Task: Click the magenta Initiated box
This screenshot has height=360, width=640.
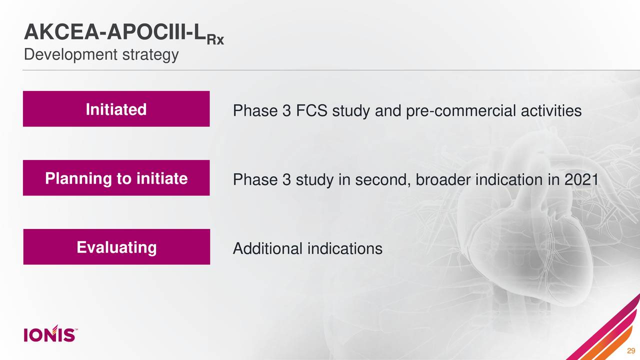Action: tap(116, 109)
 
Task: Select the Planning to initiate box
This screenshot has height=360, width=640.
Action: tap(116, 178)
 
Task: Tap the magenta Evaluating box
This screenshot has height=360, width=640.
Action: tap(116, 247)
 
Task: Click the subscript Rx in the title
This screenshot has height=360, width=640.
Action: tap(215, 40)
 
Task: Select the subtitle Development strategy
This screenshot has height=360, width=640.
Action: tap(101, 54)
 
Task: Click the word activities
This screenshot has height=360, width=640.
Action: tap(554, 110)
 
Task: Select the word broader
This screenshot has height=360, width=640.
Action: tap(441, 179)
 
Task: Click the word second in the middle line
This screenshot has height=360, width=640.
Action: tap(382, 179)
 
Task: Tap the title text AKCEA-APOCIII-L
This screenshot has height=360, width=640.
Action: tap(115, 33)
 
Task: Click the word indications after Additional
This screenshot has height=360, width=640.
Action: tap(344, 248)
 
